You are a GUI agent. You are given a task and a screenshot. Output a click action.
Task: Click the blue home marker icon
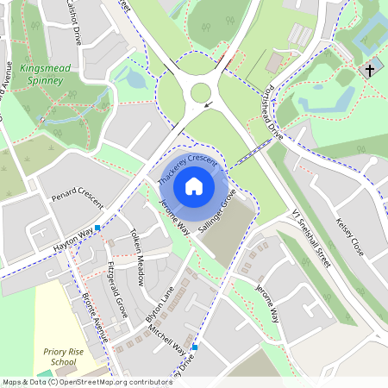tap(194, 185)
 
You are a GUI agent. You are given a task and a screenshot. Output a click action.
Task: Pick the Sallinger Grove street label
tap(216, 216)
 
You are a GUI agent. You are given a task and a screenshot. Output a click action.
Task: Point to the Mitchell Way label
tap(166, 335)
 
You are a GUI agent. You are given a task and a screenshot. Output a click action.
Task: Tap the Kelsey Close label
tap(353, 235)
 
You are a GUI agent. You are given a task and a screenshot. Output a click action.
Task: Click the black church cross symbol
tap(371, 69)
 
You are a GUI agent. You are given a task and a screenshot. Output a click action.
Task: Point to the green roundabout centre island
tap(201, 92)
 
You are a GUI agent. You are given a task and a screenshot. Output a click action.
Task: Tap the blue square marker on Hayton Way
tap(97, 228)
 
